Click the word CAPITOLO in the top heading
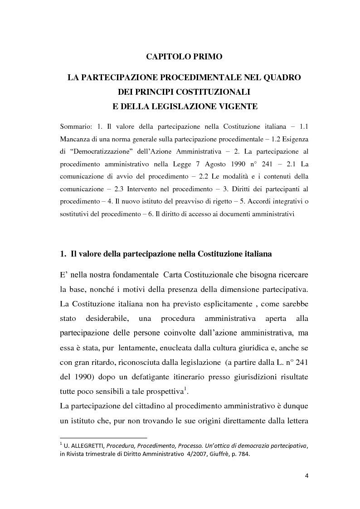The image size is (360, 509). tap(165, 57)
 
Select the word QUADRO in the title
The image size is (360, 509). tap(281, 78)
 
